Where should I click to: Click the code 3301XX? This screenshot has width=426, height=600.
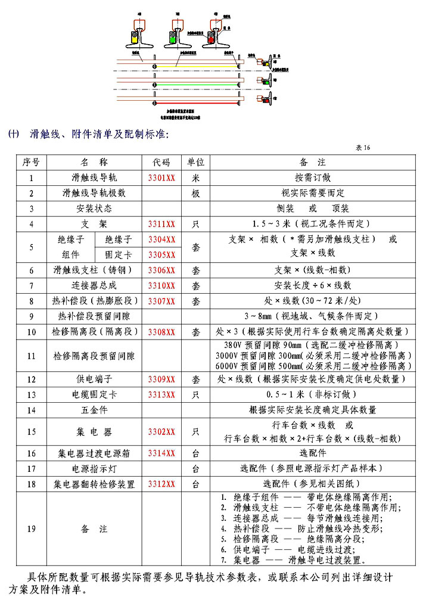click(161, 178)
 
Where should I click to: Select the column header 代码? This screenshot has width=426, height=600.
click(161, 162)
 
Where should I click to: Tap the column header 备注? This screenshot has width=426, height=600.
click(313, 162)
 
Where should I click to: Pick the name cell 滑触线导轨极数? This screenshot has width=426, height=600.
click(94, 193)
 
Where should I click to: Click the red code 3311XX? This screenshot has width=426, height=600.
click(161, 224)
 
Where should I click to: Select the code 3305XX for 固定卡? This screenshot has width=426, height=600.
click(161, 254)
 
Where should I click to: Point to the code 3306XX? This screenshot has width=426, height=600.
click(161, 270)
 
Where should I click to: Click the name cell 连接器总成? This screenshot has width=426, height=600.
click(94, 285)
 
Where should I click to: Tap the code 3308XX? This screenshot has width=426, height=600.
click(161, 331)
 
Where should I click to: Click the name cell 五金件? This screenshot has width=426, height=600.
click(94, 410)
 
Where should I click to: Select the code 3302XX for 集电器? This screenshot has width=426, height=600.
click(161, 431)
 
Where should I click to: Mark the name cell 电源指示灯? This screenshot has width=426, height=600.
click(94, 469)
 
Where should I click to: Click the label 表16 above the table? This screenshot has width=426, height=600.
click(363, 147)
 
